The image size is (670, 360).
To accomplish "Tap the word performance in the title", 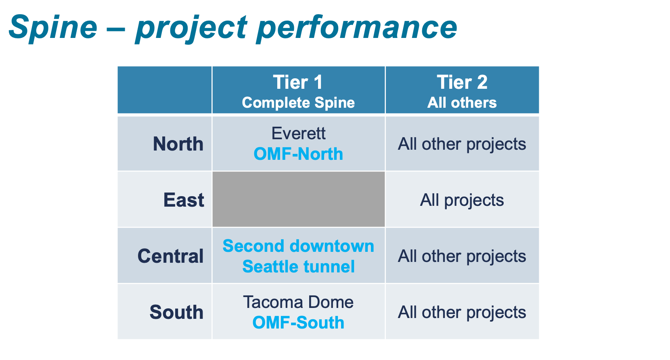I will [x=357, y=27].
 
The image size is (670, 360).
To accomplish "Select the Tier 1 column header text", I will [x=298, y=82].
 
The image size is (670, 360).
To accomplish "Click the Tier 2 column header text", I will [x=462, y=82].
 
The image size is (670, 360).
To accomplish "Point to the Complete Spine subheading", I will [x=298, y=103].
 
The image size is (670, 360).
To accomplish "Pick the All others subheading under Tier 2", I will [x=462, y=103].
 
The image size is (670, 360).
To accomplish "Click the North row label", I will [x=178, y=144].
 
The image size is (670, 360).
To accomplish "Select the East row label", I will [x=184, y=200].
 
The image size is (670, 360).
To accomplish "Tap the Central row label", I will [x=170, y=256].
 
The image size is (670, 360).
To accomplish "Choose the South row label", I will [x=176, y=312].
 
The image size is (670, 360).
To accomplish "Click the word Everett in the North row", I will [x=298, y=134].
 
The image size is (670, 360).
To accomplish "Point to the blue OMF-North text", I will [x=298, y=154].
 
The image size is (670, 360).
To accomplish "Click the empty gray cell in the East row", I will [x=298, y=199].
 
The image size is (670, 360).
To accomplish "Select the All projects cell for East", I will [x=462, y=200].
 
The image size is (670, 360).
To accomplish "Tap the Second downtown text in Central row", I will [x=298, y=246].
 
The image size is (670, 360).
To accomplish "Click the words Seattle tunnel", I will [x=298, y=267].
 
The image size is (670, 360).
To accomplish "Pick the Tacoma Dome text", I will [x=298, y=302].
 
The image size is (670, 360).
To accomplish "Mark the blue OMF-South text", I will [x=298, y=323].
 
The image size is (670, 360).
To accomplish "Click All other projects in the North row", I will [x=462, y=144].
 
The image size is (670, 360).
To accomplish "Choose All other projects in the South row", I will [x=462, y=312].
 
